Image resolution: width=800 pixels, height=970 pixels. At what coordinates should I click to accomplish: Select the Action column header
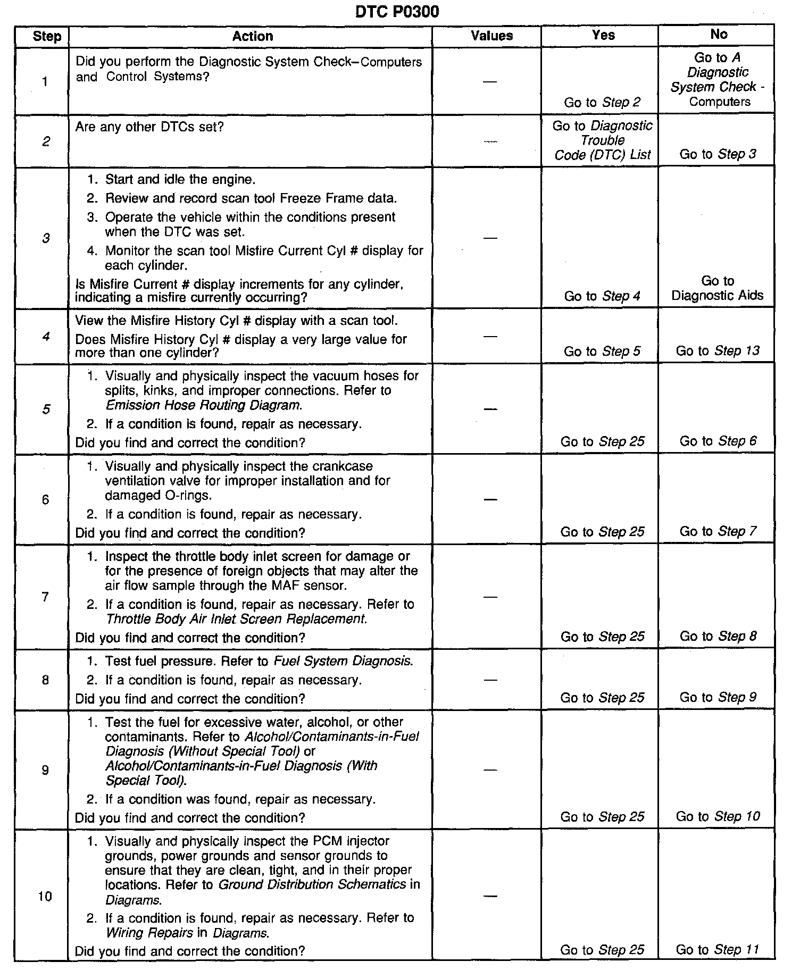(x=253, y=36)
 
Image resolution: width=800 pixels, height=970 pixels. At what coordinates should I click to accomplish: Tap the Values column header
(x=491, y=36)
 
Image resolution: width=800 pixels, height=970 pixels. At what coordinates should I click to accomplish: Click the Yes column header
(x=603, y=35)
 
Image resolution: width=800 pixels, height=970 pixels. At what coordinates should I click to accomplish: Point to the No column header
(x=719, y=35)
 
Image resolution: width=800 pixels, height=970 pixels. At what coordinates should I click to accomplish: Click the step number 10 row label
(x=45, y=897)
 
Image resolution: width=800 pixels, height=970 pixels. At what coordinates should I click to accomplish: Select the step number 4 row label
(x=46, y=336)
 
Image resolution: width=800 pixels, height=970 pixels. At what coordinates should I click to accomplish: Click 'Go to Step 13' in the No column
(x=718, y=351)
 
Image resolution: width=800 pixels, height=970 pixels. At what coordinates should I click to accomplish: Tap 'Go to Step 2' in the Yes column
(x=602, y=103)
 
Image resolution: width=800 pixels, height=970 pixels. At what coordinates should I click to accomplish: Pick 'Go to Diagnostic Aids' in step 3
(x=717, y=288)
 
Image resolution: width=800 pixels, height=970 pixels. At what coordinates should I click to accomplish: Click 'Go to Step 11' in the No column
(x=718, y=949)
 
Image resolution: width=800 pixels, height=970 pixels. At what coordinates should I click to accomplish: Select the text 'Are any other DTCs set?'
(x=149, y=127)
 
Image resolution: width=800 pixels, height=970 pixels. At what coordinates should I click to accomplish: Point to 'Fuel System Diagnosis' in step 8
(x=343, y=661)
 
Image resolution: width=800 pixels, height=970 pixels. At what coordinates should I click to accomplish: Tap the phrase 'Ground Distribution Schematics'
(x=312, y=884)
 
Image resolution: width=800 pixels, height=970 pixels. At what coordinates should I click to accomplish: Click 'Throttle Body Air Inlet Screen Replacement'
(x=236, y=619)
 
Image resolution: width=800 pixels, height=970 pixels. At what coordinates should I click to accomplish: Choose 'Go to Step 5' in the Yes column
(x=602, y=352)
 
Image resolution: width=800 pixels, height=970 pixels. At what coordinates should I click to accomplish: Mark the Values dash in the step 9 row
(x=490, y=770)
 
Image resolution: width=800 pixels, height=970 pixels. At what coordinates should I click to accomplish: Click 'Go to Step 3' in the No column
(x=718, y=154)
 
